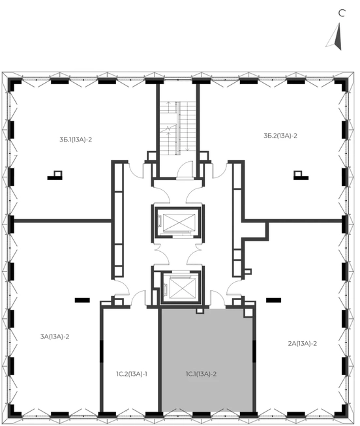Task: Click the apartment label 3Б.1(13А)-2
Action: pyautogui.click(x=76, y=140)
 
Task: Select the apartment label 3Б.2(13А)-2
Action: pyautogui.click(x=280, y=136)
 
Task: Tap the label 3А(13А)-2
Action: pyautogui.click(x=55, y=337)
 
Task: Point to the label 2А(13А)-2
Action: pyautogui.click(x=303, y=343)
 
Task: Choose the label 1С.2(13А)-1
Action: pyautogui.click(x=132, y=374)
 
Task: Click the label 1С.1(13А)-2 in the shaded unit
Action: pyautogui.click(x=202, y=374)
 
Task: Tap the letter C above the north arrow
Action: pyautogui.click(x=342, y=13)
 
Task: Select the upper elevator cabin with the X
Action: pyautogui.click(x=179, y=222)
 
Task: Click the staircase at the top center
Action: pyautogui.click(x=178, y=129)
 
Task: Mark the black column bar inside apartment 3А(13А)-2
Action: pyautogui.click(x=82, y=300)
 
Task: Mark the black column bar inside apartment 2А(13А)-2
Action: pyautogui.click(x=274, y=300)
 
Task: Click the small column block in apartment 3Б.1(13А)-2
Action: pyautogui.click(x=55, y=175)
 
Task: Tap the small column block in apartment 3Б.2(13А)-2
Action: pyautogui.click(x=301, y=175)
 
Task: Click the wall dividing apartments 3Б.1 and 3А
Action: pyautogui.click(x=63, y=221)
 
